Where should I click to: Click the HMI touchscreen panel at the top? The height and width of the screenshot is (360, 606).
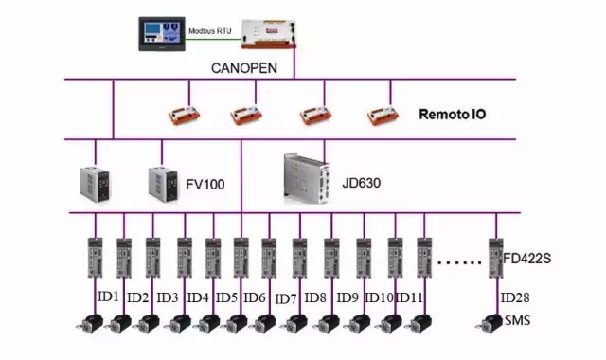point(162,33)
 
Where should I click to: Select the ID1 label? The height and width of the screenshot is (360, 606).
point(107,297)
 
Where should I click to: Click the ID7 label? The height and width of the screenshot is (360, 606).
point(287,298)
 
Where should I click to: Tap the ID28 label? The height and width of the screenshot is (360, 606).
point(516,297)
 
